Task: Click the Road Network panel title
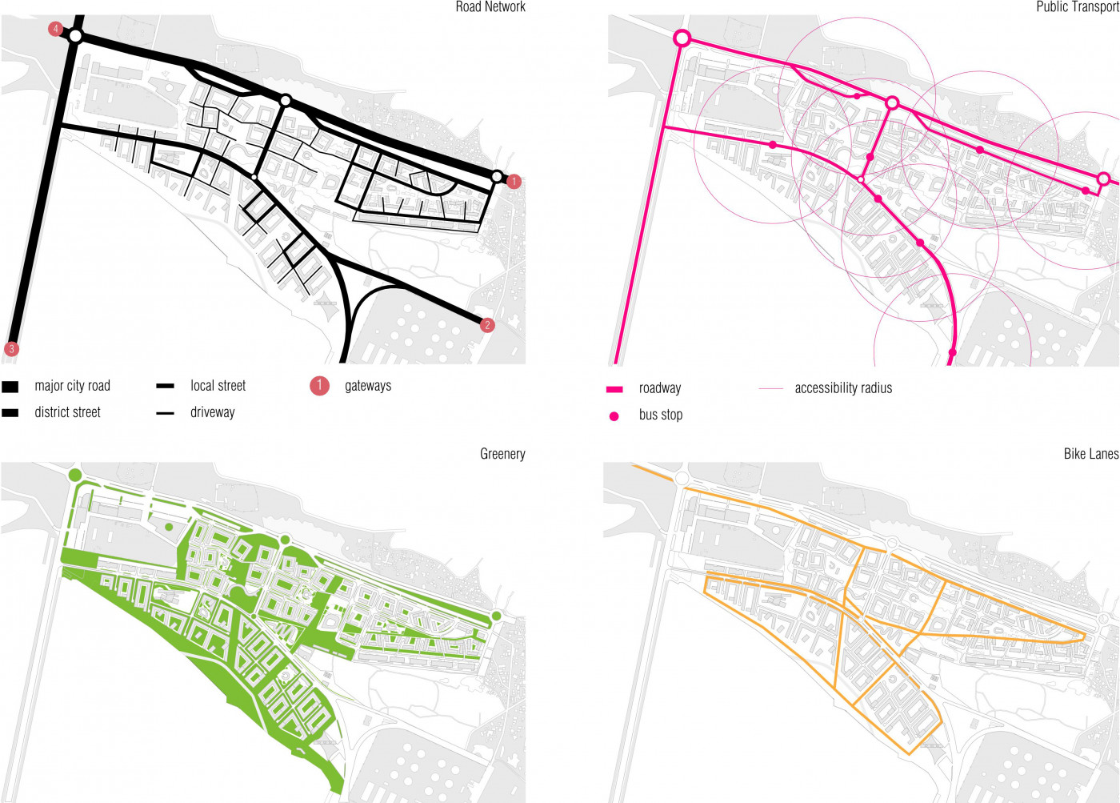tap(490, 7)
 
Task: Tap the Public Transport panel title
tap(1077, 7)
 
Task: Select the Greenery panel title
tap(502, 454)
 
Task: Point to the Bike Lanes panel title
tap(1090, 454)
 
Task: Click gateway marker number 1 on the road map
tap(514, 182)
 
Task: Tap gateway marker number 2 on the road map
tap(487, 325)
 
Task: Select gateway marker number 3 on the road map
tap(11, 349)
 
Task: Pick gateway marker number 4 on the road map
tap(55, 29)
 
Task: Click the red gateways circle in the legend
tap(319, 386)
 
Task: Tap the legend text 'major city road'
tap(72, 386)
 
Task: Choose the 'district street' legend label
tap(67, 412)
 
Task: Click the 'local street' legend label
tap(218, 386)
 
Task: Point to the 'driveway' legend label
tap(212, 412)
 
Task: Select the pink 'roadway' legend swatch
tap(614, 389)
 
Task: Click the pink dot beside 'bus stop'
tap(614, 416)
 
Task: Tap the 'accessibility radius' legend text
tap(843, 388)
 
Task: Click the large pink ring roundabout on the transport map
tap(682, 38)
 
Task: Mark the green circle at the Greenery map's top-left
tap(75, 476)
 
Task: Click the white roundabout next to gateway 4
tap(75, 36)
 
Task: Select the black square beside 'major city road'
tap(10, 387)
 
